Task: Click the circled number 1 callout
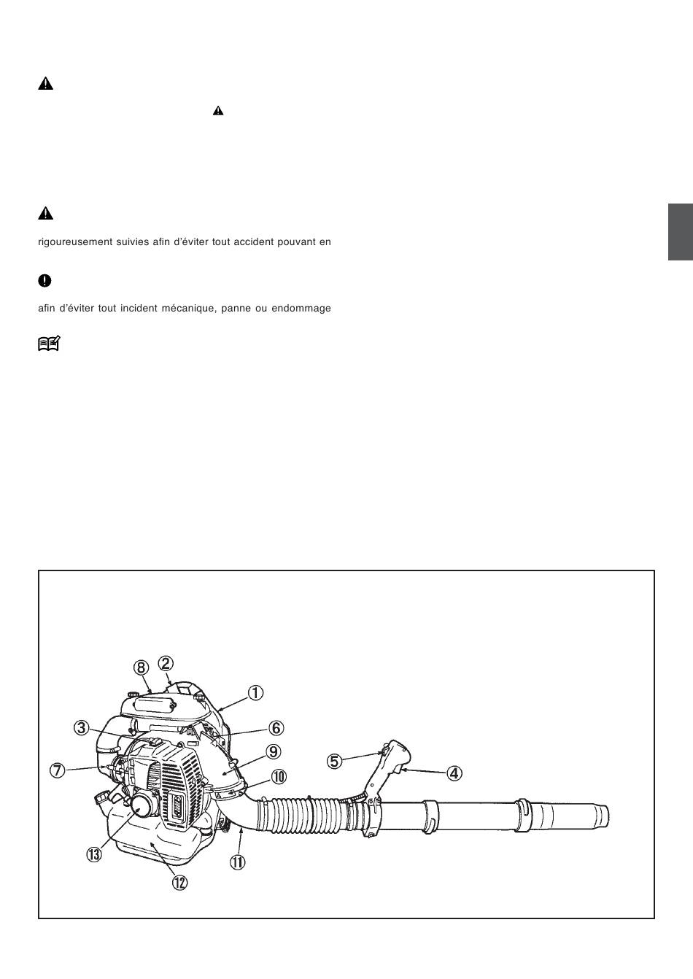[x=255, y=693]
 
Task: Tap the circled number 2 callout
[x=166, y=663]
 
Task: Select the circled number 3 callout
[x=81, y=728]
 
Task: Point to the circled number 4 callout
[x=454, y=773]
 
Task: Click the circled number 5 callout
[x=334, y=762]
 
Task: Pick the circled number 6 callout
[x=276, y=728]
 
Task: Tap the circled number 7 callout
[x=57, y=770]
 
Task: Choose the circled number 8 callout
[x=141, y=667]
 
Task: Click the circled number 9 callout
[x=273, y=751]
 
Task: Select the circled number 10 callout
[x=279, y=777]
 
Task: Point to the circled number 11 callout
[x=237, y=862]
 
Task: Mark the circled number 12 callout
[x=179, y=883]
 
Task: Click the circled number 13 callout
[x=94, y=854]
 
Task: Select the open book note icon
[x=49, y=344]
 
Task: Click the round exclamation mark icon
[x=44, y=281]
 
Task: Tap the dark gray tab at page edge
[x=681, y=232]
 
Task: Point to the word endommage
[x=301, y=309]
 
